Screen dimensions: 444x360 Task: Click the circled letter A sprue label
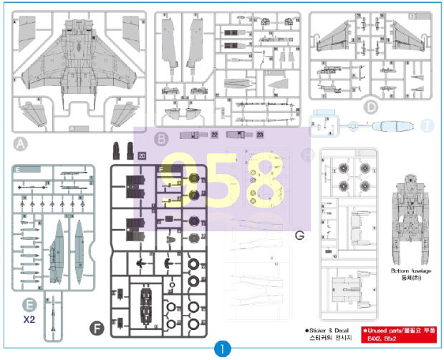tap(21, 145)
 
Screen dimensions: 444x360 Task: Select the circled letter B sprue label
tap(162, 138)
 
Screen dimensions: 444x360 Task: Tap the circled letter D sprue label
tap(370, 108)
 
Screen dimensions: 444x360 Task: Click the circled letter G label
tap(299, 234)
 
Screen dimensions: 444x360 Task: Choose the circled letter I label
tap(428, 126)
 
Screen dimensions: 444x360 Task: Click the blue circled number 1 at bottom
tap(222, 349)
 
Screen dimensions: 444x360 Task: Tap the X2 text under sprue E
tap(29, 320)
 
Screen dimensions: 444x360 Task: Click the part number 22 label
tap(215, 135)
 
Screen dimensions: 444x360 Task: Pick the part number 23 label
tap(260, 135)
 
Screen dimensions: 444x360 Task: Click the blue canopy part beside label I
tap(394, 126)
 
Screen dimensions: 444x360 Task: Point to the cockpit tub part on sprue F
tap(146, 301)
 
